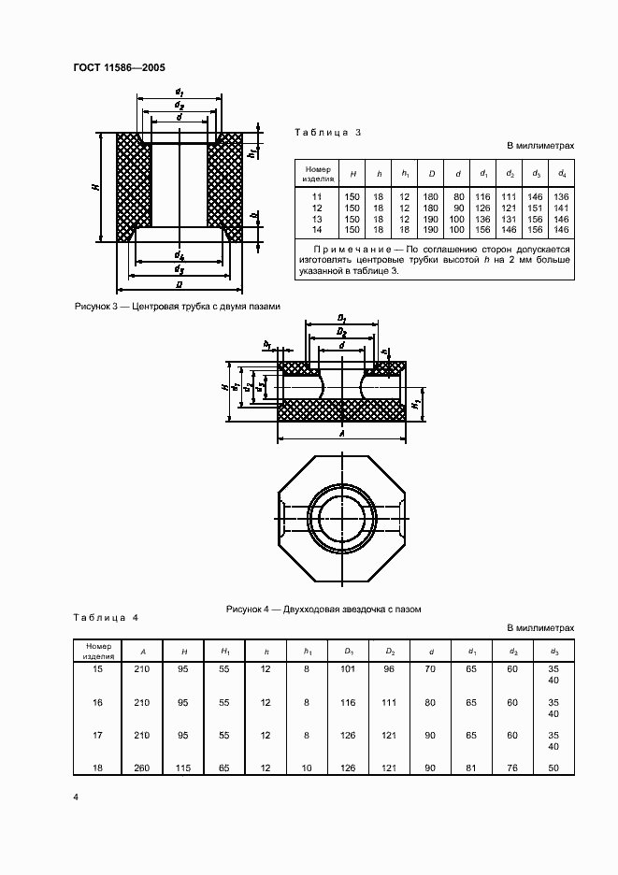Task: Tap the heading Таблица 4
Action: (x=106, y=618)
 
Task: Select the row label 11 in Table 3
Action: (x=316, y=196)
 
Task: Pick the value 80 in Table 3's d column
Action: (x=458, y=196)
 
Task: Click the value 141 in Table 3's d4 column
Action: (x=561, y=208)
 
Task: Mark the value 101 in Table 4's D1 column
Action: (x=349, y=669)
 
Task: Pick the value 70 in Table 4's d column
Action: (x=431, y=669)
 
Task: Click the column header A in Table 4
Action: (x=143, y=651)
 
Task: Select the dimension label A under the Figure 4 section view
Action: (x=342, y=434)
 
